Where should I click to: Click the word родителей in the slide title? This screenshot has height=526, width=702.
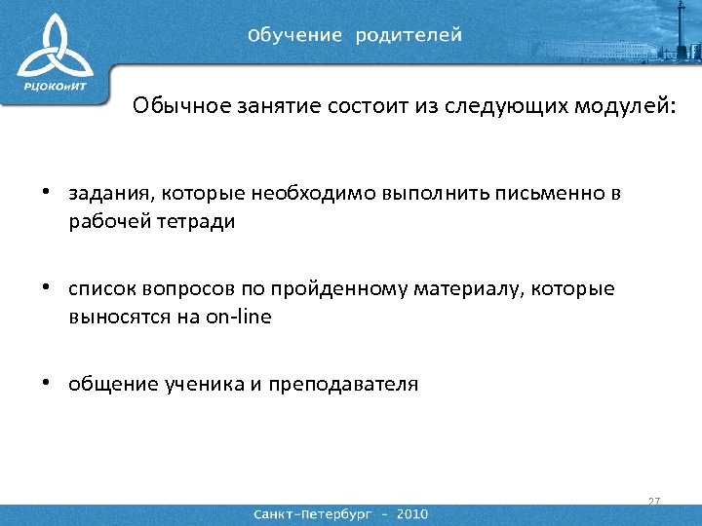pos(409,35)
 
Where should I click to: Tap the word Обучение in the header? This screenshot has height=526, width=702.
pos(295,35)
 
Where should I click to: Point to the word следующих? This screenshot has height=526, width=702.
pos(502,105)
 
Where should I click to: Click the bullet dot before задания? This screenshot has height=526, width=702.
pos(46,193)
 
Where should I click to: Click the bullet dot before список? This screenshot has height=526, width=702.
pos(46,288)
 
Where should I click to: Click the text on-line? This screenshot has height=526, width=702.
pos(239,317)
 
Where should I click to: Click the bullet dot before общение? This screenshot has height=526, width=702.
pos(46,383)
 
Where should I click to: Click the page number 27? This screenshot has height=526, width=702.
pos(653,502)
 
